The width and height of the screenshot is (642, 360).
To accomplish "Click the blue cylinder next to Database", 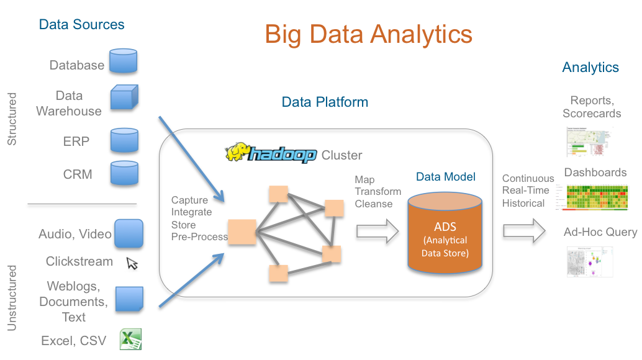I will click(122, 62).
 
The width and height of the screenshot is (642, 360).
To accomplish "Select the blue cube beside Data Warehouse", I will click(124, 98).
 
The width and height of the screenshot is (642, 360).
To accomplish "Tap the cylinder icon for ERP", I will click(123, 142).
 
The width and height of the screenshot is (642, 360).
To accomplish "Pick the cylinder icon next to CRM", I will click(123, 174).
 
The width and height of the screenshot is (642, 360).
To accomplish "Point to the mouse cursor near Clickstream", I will click(132, 263).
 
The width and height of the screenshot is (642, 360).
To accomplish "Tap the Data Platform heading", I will click(325, 102).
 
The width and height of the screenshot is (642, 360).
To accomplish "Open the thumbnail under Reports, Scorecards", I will click(589, 142).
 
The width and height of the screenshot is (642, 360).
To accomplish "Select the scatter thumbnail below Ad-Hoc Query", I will click(590, 261).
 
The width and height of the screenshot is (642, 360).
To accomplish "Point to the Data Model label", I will click(445, 177).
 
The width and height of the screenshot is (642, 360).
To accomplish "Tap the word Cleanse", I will click(374, 203).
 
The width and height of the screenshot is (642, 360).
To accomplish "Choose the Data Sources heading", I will click(81, 25).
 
